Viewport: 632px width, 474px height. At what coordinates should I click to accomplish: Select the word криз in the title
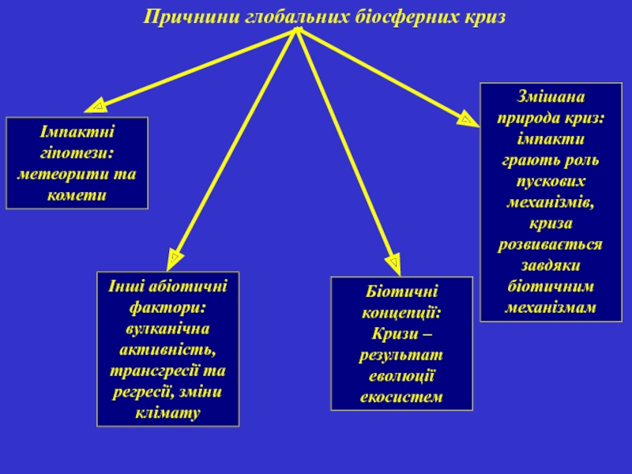485,17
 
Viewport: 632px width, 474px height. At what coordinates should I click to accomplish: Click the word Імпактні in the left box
77,132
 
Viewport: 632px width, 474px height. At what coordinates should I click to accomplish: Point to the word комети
77,195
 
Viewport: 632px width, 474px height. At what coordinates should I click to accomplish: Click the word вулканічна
167,329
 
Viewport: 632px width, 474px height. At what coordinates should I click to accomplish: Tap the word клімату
167,413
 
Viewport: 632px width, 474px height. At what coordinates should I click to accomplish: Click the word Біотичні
401,292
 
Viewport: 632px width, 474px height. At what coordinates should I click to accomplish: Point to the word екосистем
401,397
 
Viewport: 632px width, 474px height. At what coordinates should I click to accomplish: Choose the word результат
401,355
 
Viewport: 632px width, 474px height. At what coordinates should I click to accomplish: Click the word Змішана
551,96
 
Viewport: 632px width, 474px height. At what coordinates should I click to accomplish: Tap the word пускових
551,181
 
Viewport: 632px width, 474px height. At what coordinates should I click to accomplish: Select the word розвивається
551,244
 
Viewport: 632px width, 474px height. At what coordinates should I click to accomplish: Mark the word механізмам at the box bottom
551,307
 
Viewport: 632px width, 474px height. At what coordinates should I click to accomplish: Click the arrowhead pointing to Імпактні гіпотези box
96,106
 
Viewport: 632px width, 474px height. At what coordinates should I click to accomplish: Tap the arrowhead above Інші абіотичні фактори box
174,259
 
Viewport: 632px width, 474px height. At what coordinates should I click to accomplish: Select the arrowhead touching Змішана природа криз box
468,118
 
